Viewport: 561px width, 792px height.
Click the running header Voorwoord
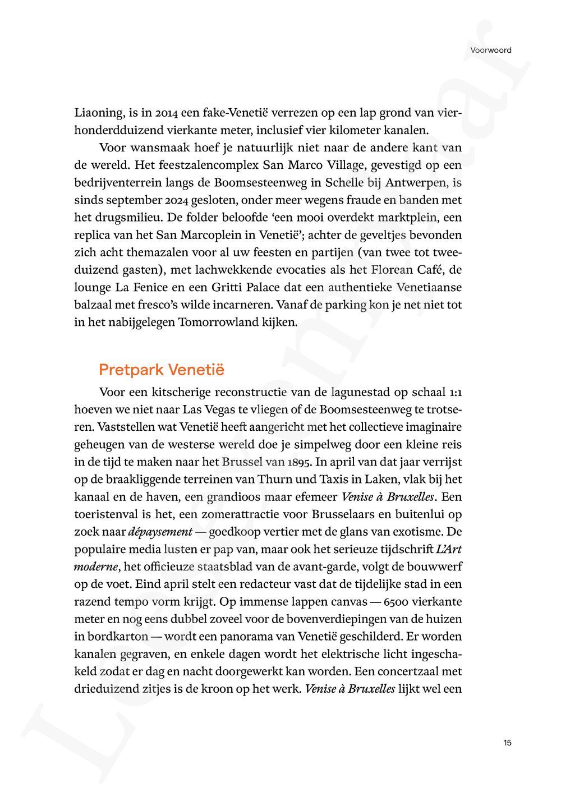point(491,50)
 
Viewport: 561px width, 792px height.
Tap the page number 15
point(507,743)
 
